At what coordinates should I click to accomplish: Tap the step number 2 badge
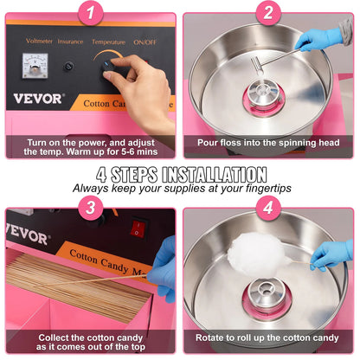click(268, 12)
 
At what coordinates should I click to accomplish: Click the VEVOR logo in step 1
click(34, 99)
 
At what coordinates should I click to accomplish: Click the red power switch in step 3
click(137, 228)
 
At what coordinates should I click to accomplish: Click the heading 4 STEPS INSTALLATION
click(180, 173)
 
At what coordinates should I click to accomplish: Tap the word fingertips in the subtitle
click(260, 186)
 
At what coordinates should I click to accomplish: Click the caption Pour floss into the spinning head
click(267, 142)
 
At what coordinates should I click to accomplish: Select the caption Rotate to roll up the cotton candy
click(267, 337)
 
